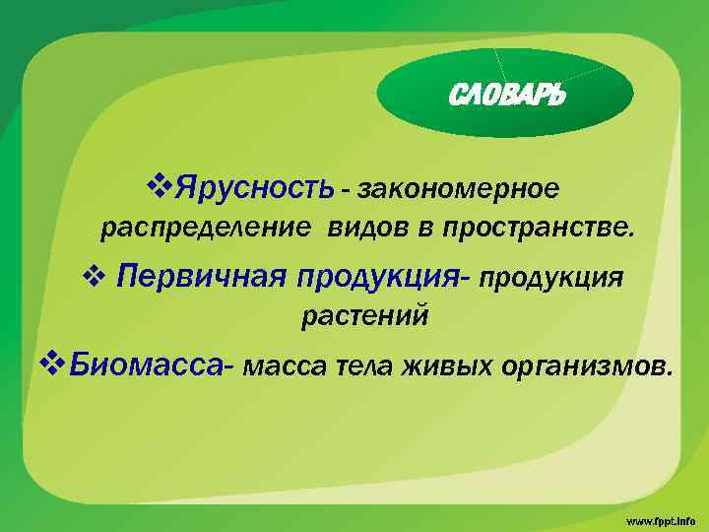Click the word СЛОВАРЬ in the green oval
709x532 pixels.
coord(506,96)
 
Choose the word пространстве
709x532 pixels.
coord(533,231)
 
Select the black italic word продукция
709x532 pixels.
coord(551,279)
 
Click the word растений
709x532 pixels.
coord(364,317)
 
